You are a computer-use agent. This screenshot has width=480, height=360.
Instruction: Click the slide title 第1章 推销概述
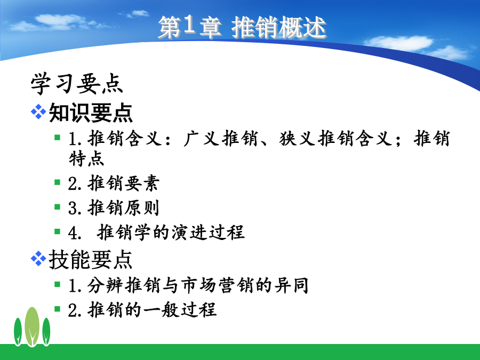pyautogui.click(x=242, y=27)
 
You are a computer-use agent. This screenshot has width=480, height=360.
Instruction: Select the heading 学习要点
pyautogui.click(x=76, y=83)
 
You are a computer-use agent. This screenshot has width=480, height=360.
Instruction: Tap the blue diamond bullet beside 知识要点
pyautogui.click(x=38, y=111)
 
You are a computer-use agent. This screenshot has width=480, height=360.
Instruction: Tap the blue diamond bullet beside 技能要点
pyautogui.click(x=38, y=258)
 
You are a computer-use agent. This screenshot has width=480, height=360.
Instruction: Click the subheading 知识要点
pyautogui.click(x=91, y=113)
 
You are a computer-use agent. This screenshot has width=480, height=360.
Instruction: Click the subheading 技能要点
pyautogui.click(x=90, y=260)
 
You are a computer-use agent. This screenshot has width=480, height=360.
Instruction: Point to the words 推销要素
pyautogui.click(x=124, y=183)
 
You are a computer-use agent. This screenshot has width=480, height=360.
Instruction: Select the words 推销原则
pyautogui.click(x=124, y=208)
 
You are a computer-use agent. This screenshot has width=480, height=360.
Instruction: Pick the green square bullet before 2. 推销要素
pyautogui.click(x=57, y=182)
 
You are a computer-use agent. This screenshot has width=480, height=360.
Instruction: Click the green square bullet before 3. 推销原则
pyautogui.click(x=57, y=207)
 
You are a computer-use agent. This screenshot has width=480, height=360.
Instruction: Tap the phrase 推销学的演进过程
pyautogui.click(x=171, y=232)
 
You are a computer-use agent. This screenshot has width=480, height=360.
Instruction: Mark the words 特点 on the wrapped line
pyautogui.click(x=86, y=158)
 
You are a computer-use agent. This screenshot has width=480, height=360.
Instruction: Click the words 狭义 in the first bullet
pyautogui.click(x=298, y=138)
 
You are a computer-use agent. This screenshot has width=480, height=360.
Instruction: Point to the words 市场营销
pyautogui.click(x=218, y=285)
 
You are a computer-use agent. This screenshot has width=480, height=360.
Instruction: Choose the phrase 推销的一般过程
pyautogui.click(x=152, y=309)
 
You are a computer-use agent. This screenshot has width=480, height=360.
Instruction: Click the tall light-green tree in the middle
pyautogui.click(x=32, y=326)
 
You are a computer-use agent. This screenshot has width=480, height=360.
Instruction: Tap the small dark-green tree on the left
pyautogui.click(x=18, y=332)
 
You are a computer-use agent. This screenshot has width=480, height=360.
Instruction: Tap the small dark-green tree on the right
pyautogui.click(x=46, y=332)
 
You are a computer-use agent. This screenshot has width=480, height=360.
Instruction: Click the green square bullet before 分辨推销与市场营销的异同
pyautogui.click(x=57, y=284)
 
